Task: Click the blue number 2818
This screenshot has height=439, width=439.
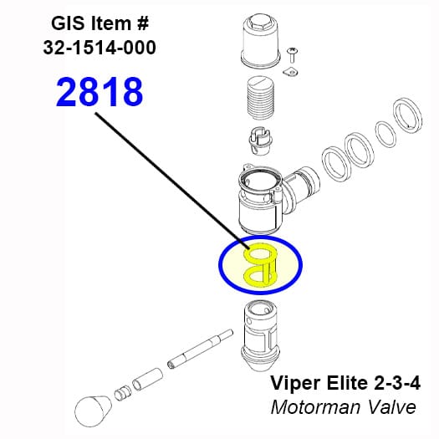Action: tap(100, 92)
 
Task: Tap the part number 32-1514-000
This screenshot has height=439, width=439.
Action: tap(100, 48)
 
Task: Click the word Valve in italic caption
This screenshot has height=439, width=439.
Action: tap(391, 407)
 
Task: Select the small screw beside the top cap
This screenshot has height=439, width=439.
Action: tap(292, 54)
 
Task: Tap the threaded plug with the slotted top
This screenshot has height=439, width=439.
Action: tap(261, 98)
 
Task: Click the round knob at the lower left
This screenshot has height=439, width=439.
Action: tap(93, 411)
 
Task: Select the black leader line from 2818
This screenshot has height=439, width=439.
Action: tap(172, 181)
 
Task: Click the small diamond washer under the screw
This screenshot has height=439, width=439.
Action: tap(290, 72)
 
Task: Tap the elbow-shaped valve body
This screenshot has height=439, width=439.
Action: tap(277, 198)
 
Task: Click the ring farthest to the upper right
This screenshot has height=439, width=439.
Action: tap(407, 115)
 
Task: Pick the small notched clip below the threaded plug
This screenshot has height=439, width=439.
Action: tap(259, 141)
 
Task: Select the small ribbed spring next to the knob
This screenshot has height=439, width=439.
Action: tap(123, 393)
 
